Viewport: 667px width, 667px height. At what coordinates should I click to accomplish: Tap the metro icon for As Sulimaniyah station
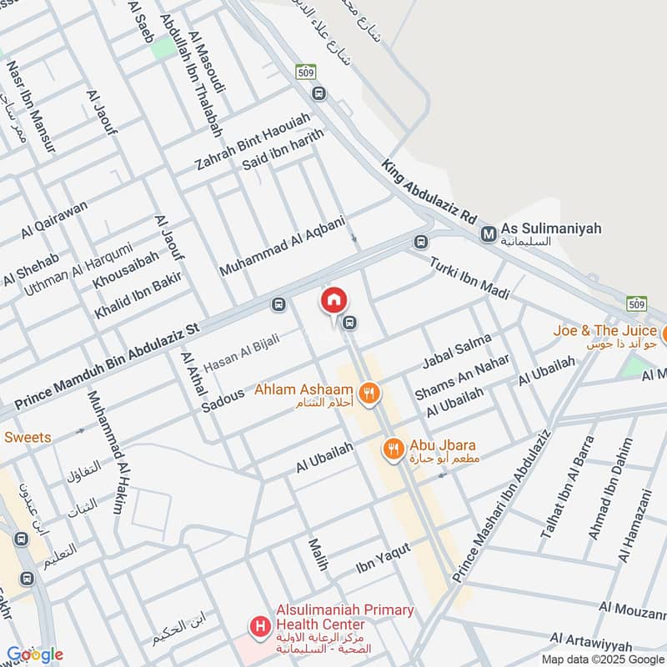tap(489, 235)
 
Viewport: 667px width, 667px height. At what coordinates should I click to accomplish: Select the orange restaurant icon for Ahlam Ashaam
tap(368, 392)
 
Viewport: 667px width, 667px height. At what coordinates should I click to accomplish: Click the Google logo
tap(35, 654)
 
